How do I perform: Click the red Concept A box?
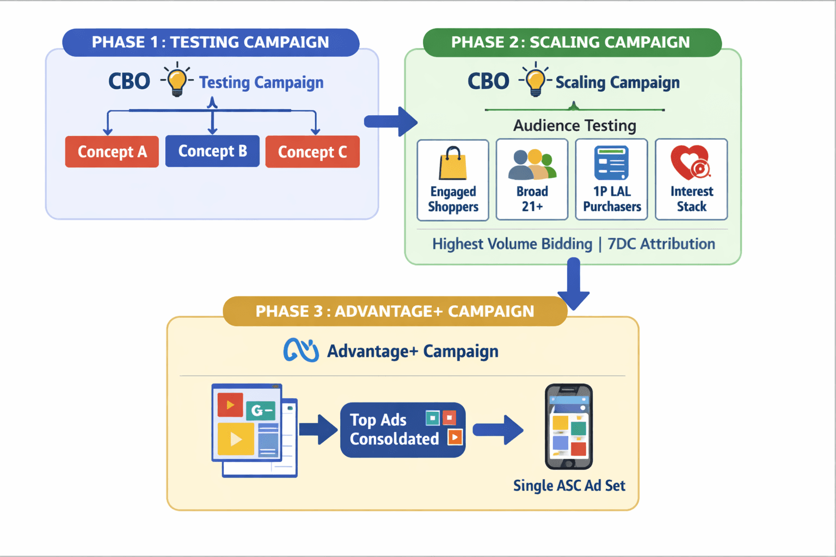112,152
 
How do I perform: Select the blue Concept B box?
212,151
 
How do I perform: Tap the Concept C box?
312,152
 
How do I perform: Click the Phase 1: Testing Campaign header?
211,42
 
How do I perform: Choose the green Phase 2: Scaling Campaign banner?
571,42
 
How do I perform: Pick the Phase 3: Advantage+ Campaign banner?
395,311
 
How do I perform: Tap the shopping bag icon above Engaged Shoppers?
453,164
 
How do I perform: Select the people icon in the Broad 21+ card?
532,165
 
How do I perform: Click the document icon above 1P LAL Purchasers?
611,163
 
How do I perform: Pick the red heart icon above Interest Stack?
690,163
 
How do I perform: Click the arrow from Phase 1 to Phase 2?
390,121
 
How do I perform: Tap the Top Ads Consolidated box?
403,430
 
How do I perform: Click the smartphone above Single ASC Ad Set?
569,427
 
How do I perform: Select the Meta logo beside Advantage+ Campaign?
301,351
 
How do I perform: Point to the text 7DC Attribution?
661,244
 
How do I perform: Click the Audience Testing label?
574,126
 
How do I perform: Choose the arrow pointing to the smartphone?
498,430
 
